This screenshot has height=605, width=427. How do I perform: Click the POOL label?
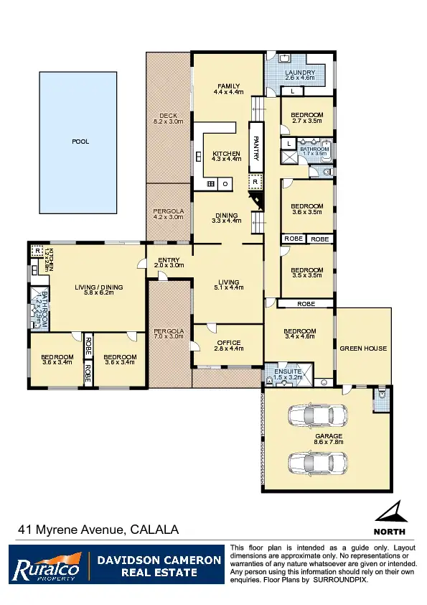point(80,142)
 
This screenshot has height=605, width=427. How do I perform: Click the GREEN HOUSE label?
point(364,348)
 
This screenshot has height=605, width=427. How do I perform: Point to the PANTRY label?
point(255,147)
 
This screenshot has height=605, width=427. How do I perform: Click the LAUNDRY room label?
point(299,73)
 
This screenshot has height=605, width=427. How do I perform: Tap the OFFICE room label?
point(228,343)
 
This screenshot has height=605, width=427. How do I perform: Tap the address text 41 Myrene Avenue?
point(71,530)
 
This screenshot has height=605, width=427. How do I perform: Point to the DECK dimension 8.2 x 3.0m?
point(168,122)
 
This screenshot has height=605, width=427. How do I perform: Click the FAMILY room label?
point(227,87)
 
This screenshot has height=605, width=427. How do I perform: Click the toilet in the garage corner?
point(381,395)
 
